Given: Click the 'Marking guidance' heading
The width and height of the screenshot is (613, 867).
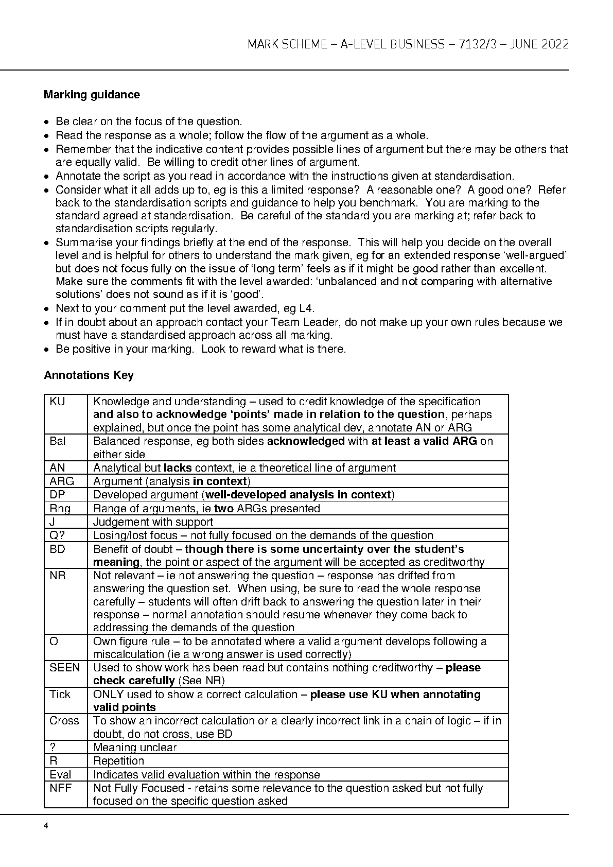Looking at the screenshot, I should coord(92,95).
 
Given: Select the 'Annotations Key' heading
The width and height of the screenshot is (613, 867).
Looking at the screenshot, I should coord(89,375).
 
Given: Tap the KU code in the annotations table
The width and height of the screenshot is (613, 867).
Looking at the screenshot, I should coord(57,402).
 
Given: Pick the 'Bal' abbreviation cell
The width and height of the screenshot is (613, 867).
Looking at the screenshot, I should coord(58,441).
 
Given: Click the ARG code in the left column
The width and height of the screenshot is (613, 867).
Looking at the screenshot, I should coord(62,481).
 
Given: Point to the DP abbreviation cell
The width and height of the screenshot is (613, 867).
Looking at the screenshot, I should coord(57,495).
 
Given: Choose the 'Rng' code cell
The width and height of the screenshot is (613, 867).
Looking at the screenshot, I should coord(60,509).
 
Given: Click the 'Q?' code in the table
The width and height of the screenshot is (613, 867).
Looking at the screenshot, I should coord(57,535).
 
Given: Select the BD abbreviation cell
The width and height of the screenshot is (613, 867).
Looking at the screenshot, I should coord(57,549).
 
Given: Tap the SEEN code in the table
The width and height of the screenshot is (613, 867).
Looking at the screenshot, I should coord(65,668).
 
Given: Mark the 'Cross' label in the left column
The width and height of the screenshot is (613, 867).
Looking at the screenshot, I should coord(64,721).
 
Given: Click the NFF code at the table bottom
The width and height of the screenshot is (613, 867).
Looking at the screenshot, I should coord(60,788).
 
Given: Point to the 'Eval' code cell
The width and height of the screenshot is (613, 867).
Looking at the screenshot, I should coord(60,775).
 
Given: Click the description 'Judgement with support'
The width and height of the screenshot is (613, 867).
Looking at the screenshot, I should coord(153,522).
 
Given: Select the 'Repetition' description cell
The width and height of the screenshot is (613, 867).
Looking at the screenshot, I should coord(118,761).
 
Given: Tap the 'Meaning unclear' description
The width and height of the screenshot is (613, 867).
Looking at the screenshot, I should coord(135,748).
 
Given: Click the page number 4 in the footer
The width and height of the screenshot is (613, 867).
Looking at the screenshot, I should coord(46,826).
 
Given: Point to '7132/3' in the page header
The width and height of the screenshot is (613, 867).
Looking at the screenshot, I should coord(478,44).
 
